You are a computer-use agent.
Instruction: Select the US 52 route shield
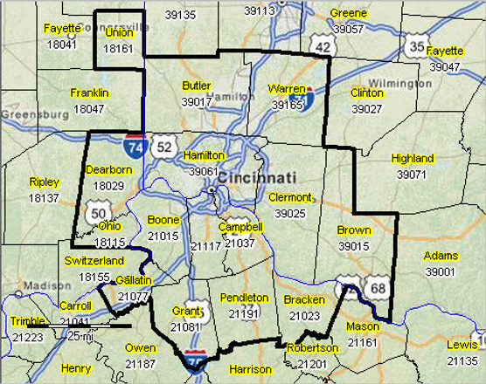[164, 147]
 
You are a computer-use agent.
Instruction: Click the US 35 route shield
[418, 47]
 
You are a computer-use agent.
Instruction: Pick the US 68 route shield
[378, 289]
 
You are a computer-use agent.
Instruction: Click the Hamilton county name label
[205, 154]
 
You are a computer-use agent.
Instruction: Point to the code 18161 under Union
[119, 49]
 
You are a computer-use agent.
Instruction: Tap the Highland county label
[412, 159]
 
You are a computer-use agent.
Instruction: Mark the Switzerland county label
[94, 261]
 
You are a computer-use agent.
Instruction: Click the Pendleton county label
[245, 298]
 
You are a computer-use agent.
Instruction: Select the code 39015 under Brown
[353, 247]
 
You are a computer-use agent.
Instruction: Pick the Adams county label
[440, 256]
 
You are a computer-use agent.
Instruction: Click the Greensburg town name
[31, 114]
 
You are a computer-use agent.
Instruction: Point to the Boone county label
[163, 220]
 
